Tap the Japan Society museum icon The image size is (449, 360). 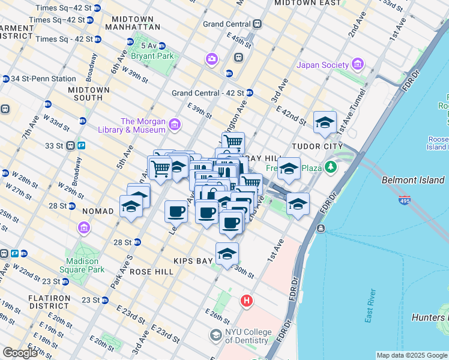[358, 64]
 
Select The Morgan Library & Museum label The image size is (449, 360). [134, 125]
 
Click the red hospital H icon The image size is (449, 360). [246, 301]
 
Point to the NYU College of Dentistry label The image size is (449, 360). [247, 337]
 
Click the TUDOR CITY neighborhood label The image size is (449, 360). [317, 146]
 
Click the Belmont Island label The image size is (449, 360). [413, 180]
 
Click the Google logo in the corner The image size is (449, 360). [19, 353]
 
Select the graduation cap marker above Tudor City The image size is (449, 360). [325, 123]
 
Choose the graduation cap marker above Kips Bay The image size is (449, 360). [227, 254]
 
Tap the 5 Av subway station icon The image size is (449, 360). [130, 42]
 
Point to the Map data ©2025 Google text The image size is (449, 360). [412, 355]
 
